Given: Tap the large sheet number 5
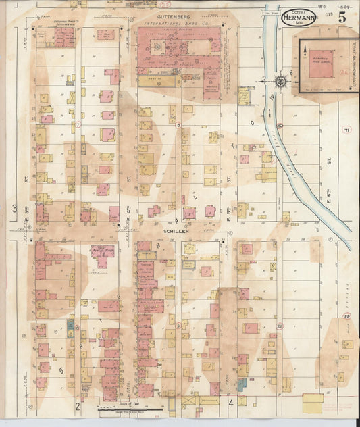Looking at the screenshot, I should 342,18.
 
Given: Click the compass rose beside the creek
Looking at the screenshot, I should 280,82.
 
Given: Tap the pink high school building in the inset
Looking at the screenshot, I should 327,64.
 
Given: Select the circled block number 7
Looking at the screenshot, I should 78,125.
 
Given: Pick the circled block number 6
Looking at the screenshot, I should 178,125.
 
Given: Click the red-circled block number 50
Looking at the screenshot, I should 280,126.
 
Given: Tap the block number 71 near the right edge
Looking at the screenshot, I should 346,130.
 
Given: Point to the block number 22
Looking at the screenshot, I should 346,316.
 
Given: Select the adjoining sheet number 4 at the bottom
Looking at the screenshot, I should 230,405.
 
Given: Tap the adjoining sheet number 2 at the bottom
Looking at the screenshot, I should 78,405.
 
